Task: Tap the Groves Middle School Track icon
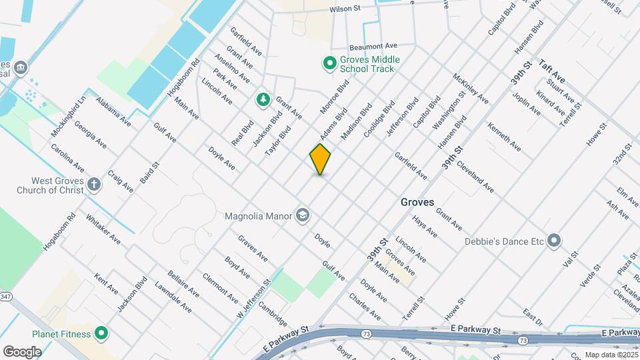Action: (x=329, y=63)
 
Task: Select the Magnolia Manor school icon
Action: (x=303, y=215)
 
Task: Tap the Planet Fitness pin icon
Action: (x=101, y=332)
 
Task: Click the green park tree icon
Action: (x=263, y=100)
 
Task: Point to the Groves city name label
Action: (x=417, y=201)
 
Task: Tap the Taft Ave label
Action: (x=553, y=69)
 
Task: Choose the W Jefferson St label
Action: (x=254, y=298)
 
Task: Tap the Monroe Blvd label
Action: (x=334, y=97)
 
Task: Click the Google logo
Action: (x=22, y=351)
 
